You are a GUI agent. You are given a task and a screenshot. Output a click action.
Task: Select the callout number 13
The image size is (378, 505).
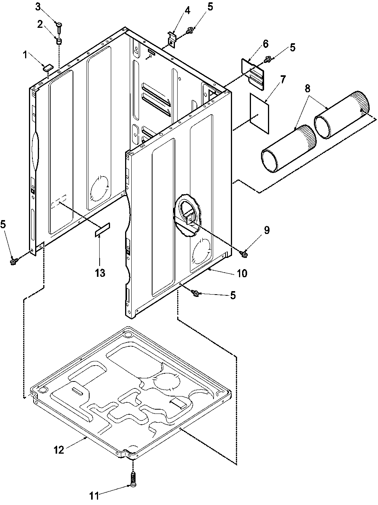pyautogui.click(x=100, y=273)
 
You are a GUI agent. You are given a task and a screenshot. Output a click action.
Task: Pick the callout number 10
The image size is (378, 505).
pyautogui.click(x=242, y=274)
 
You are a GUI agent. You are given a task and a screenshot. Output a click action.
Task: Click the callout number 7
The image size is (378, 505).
pyautogui.click(x=283, y=80)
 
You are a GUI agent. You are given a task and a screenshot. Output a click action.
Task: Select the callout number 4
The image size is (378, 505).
pyautogui.click(x=187, y=10)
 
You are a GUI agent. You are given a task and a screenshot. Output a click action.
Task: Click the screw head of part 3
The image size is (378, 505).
pyautogui.click(x=59, y=25)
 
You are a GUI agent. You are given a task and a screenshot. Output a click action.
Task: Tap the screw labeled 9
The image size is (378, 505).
pyautogui.click(x=244, y=253)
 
